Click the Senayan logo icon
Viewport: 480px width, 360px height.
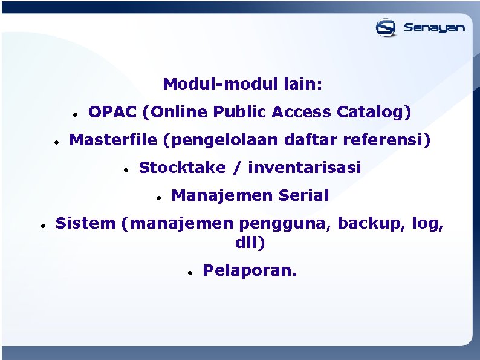click(x=386, y=27)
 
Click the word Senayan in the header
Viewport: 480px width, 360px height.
click(x=434, y=27)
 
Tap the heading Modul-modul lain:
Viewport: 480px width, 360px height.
click(x=242, y=84)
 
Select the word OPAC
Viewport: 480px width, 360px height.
click(x=112, y=112)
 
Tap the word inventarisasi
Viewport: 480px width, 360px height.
click(x=304, y=168)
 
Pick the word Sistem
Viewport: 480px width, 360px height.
click(x=85, y=223)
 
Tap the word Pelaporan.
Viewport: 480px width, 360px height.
click(x=250, y=270)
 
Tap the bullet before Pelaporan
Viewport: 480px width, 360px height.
click(x=189, y=273)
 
